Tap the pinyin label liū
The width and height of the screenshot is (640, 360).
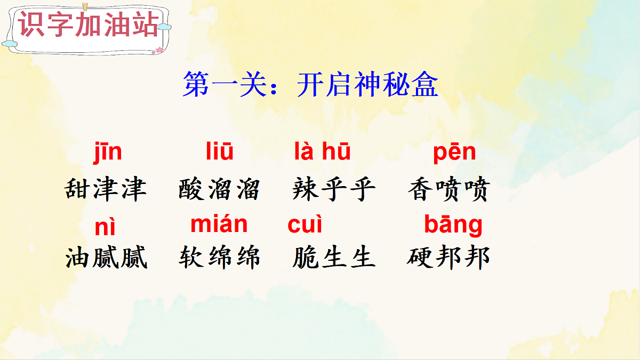click(219, 153)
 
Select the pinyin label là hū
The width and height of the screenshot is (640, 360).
click(322, 153)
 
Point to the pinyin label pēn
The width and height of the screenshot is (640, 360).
click(454, 153)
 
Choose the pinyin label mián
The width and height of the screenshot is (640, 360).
click(219, 225)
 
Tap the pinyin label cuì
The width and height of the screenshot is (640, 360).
click(305, 225)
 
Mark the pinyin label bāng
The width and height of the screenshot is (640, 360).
click(453, 225)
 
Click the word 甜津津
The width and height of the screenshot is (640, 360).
click(105, 189)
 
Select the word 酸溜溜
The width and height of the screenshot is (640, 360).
click(219, 189)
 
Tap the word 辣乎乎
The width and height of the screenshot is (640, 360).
click(334, 189)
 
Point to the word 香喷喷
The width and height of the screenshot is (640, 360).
click(449, 189)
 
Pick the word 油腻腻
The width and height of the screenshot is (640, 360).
click(106, 258)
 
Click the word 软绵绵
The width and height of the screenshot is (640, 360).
click(219, 258)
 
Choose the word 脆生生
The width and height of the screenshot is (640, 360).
click(334, 258)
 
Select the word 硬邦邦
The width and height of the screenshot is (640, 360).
click(448, 258)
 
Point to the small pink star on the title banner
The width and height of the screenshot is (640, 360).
click(158, 50)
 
